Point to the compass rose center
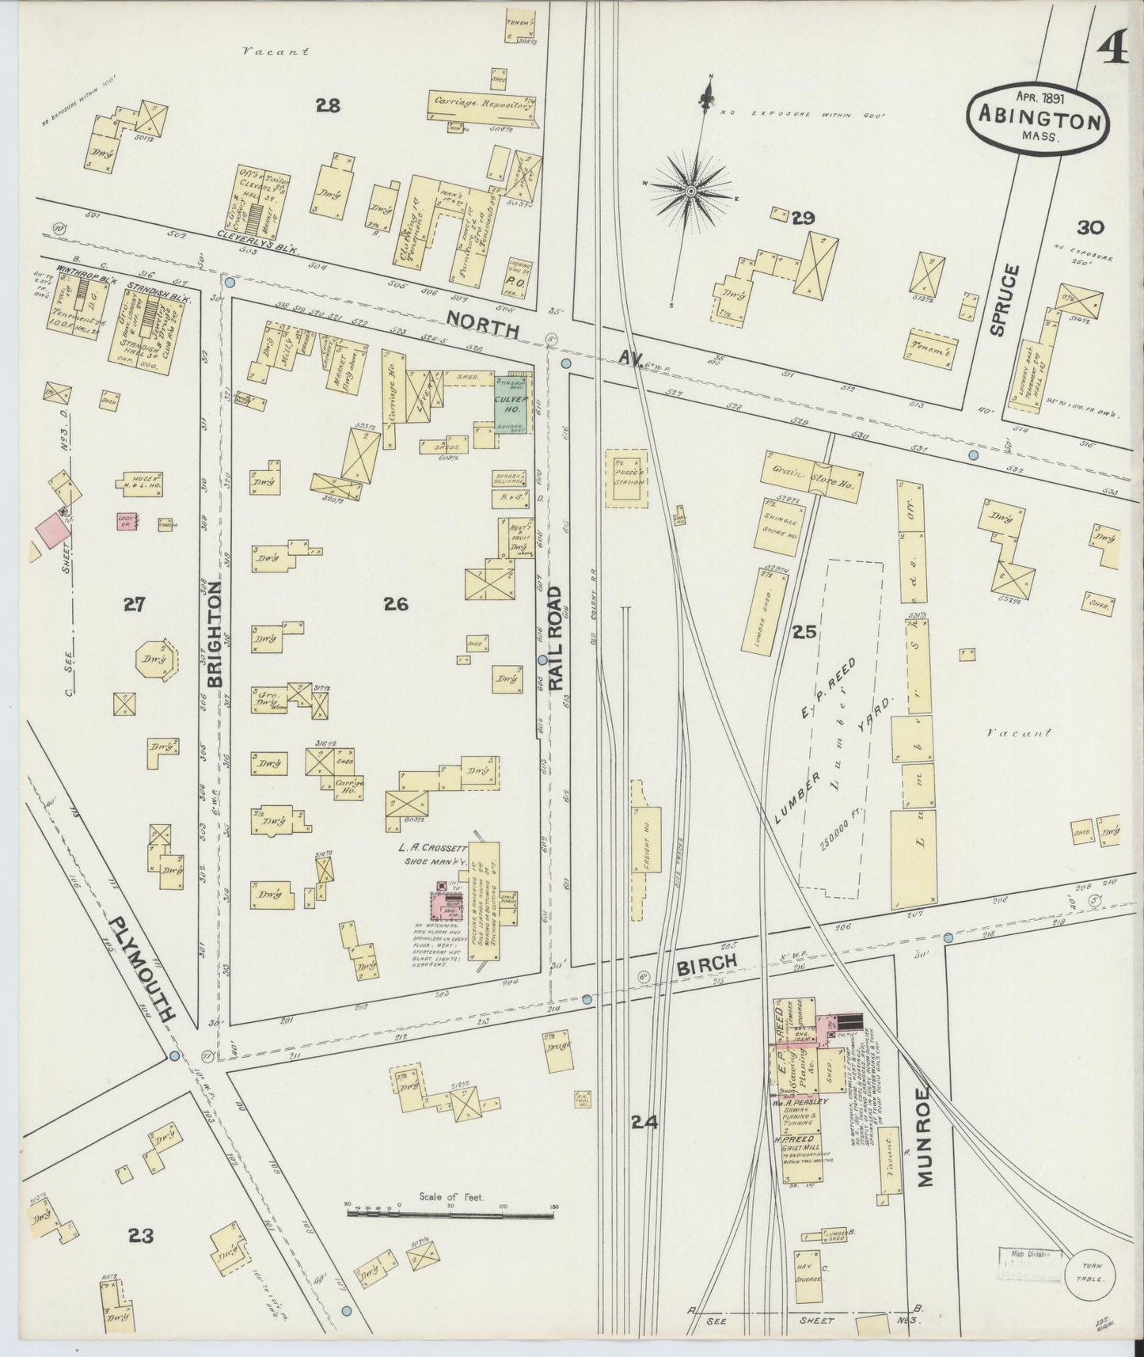click(x=690, y=192)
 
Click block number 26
click(x=395, y=604)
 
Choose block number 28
click(x=328, y=105)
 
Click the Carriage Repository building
click(x=481, y=104)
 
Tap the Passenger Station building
click(x=627, y=478)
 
